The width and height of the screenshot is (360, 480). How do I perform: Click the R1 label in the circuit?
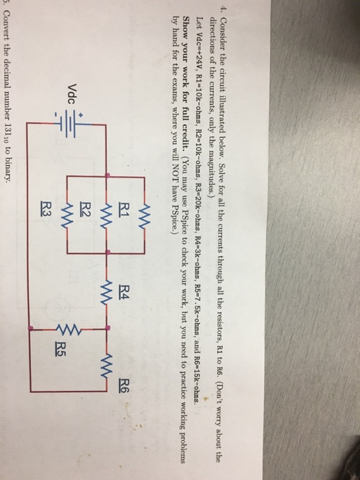pyautogui.click(x=123, y=211)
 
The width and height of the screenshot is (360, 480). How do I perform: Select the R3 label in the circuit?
pyautogui.click(x=46, y=208)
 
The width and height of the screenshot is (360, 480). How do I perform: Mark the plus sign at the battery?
pyautogui.click(x=80, y=116)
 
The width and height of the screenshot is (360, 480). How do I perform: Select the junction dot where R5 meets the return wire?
pyautogui.click(x=30, y=328)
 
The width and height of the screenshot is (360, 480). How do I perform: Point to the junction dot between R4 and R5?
pyautogui.click(x=107, y=328)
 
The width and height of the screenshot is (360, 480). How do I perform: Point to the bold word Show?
pyautogui.click(x=189, y=25)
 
